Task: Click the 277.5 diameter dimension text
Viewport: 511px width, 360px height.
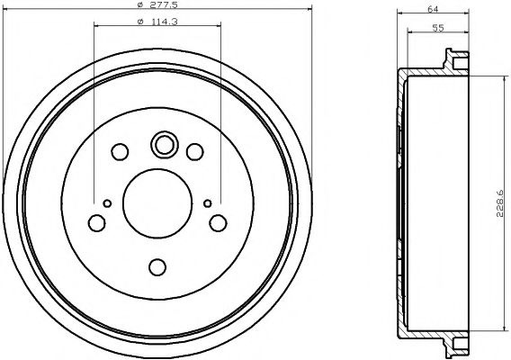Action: pos(163,8)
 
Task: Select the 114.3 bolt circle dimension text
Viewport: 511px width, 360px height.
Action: pos(163,22)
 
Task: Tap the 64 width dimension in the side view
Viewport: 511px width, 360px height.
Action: pos(432,10)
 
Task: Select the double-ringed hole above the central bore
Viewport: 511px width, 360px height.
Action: pos(164,144)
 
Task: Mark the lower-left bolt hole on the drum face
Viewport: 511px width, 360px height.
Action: pos(96,222)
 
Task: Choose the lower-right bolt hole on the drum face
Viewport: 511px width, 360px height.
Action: pos(218,222)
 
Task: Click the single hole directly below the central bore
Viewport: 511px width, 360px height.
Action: pos(157,267)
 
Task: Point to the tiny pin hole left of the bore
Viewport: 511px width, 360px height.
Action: pos(107,202)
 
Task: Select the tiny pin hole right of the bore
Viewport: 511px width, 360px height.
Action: pos(208,202)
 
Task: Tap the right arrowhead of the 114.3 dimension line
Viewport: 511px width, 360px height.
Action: pos(219,27)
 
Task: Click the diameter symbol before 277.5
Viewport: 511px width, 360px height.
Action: pos(141,8)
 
